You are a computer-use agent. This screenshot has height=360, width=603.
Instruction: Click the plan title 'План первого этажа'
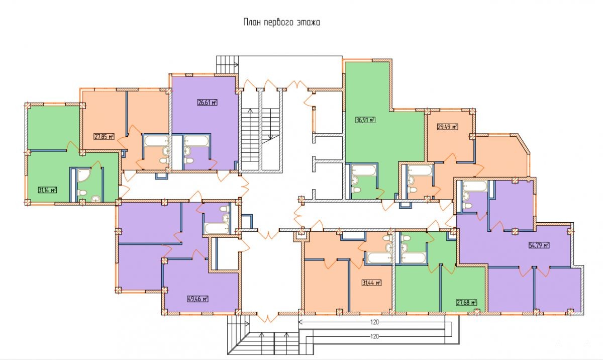282,22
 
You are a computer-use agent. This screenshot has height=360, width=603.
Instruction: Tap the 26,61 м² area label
207,103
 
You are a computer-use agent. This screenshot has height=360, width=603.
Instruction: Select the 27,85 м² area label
104,137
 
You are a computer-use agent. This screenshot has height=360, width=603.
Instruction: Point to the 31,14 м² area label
48,190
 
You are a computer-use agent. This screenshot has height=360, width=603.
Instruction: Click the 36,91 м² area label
365,120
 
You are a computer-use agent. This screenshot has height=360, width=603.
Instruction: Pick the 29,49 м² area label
448,127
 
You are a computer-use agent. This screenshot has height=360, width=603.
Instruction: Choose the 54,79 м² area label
539,245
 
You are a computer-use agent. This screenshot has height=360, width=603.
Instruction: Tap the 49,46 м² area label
198,299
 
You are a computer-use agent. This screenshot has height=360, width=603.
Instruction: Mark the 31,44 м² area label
372,283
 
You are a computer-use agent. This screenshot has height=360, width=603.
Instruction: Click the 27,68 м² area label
466,302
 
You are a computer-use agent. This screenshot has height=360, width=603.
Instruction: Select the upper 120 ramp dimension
374,322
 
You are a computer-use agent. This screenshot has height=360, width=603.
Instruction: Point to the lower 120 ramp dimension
374,336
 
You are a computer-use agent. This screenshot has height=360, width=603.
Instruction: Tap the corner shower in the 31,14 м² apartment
84,175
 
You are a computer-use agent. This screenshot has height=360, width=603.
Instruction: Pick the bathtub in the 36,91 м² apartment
363,170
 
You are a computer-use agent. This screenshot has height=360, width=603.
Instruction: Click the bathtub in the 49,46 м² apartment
217,229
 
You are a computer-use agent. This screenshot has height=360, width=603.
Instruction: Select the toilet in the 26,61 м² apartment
189,161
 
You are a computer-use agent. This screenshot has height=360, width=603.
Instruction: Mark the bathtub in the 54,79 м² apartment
475,186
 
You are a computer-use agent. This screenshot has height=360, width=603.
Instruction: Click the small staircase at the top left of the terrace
227,64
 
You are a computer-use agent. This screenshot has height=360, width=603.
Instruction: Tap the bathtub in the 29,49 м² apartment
420,170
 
